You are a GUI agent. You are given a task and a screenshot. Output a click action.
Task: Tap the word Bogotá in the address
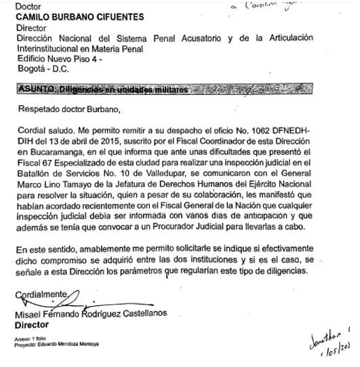pyautogui.click(x=28, y=69)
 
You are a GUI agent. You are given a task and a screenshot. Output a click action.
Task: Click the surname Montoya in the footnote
pyautogui.click(x=88, y=344)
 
